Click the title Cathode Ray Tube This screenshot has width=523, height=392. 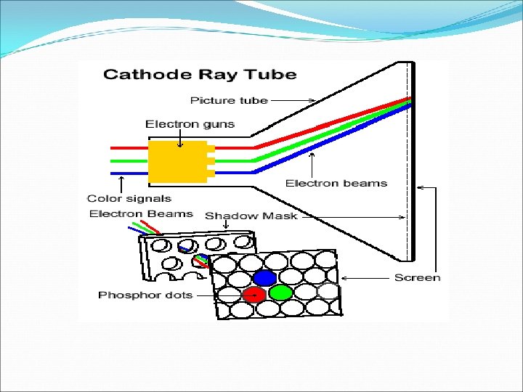click(x=200, y=75)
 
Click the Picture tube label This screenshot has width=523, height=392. click(x=229, y=100)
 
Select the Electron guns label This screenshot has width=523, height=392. click(x=190, y=124)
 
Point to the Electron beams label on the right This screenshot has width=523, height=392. click(x=336, y=183)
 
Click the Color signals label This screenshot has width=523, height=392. click(x=129, y=198)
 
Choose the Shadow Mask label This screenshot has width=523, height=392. click(x=251, y=216)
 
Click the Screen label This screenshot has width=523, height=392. click(x=417, y=277)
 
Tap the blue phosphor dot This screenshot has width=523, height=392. click(x=264, y=278)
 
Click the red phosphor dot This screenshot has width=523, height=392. click(x=254, y=294)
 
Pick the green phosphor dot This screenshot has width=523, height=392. click(x=280, y=293)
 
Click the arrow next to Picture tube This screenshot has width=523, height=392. click(x=293, y=101)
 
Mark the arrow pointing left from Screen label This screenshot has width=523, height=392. click(x=367, y=278)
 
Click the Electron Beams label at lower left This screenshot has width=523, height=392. click(x=141, y=213)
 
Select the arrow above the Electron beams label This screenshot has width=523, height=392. click(x=312, y=163)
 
